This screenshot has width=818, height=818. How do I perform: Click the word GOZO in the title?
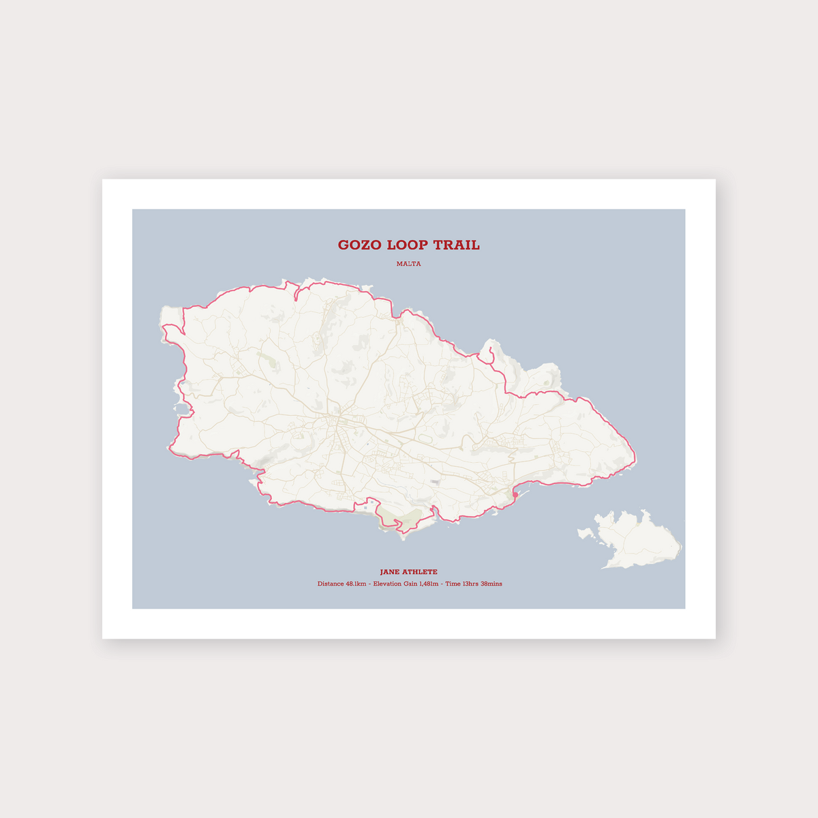coord(359,245)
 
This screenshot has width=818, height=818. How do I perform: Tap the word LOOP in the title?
coord(407,245)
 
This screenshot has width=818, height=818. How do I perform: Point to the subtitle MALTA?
coord(409,264)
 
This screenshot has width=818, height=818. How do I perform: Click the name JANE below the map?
coord(391,572)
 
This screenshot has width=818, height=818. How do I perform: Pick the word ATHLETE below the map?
coord(421,572)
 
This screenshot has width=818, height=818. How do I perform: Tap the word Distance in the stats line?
coord(331,584)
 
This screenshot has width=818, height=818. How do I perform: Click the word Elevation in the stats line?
coord(388,584)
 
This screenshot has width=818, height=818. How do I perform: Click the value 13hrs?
coord(471,584)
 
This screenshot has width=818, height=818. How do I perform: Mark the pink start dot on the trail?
coord(515,494)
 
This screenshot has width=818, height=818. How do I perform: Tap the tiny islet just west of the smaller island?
coord(585,532)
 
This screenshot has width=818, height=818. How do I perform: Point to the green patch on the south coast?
coord(402,518)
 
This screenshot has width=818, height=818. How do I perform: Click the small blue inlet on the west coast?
coord(183,410)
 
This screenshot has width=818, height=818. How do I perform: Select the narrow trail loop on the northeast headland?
coord(487,352)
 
